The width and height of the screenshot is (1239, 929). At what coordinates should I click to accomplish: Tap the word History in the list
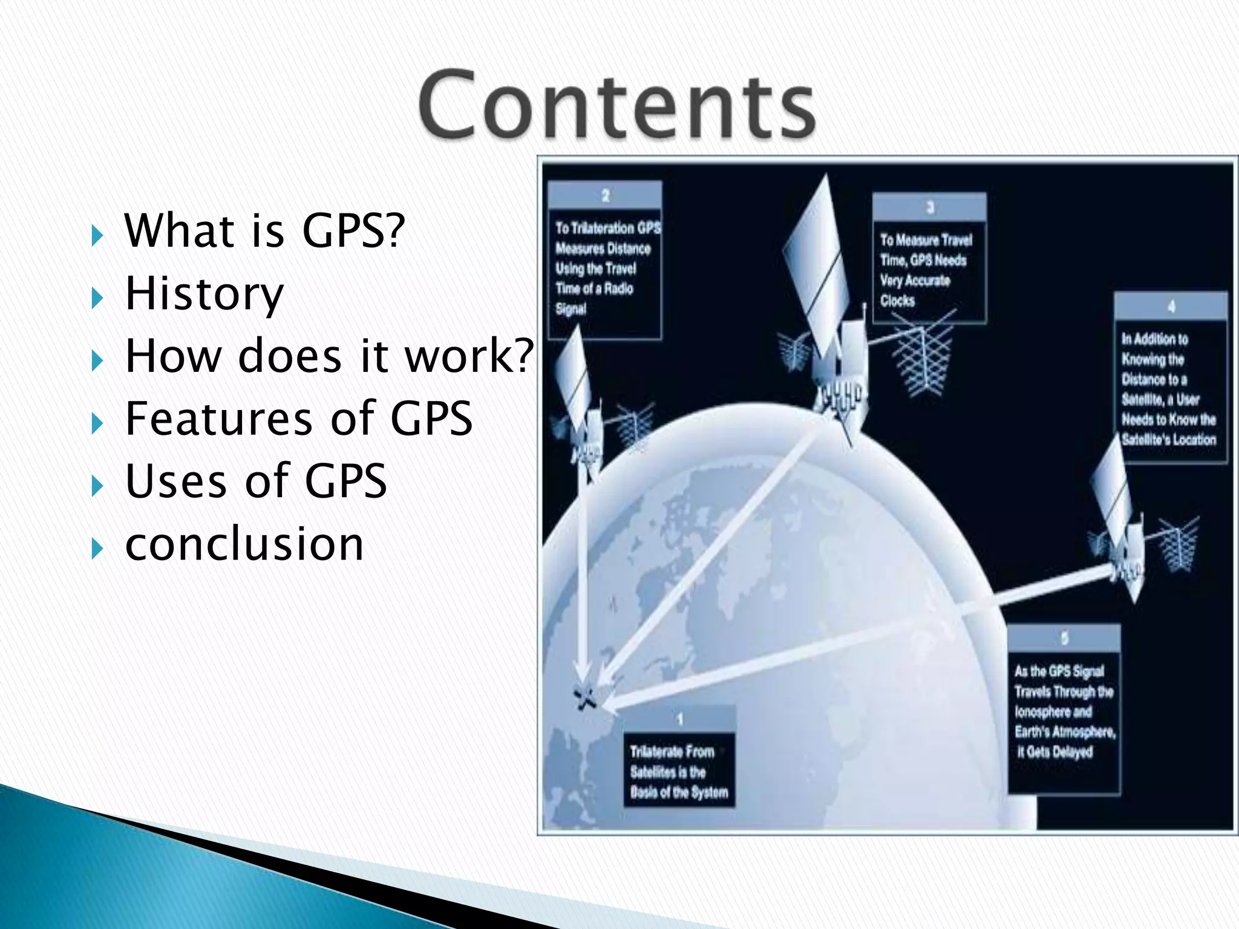[x=204, y=294]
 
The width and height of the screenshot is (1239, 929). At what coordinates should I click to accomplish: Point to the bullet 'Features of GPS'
[x=298, y=418]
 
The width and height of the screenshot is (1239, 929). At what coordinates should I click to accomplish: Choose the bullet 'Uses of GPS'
[x=255, y=481]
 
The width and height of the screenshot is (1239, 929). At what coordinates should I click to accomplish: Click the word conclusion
[x=244, y=544]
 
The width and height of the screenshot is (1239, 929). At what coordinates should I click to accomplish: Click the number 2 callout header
[x=605, y=195]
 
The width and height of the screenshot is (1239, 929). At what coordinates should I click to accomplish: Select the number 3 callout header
[x=930, y=207]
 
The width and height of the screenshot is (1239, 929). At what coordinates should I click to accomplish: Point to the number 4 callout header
[x=1171, y=307]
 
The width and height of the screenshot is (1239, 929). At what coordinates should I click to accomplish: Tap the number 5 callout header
[x=1064, y=638]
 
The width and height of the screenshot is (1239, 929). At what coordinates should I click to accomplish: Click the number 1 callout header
[x=679, y=719]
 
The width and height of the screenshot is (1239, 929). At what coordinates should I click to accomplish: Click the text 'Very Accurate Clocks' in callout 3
[x=915, y=290]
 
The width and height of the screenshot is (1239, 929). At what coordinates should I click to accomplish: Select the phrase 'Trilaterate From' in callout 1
[x=672, y=752]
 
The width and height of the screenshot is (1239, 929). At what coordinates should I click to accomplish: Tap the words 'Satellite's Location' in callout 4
[x=1168, y=440]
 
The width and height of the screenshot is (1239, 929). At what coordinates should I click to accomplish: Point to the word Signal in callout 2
[x=570, y=309]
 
